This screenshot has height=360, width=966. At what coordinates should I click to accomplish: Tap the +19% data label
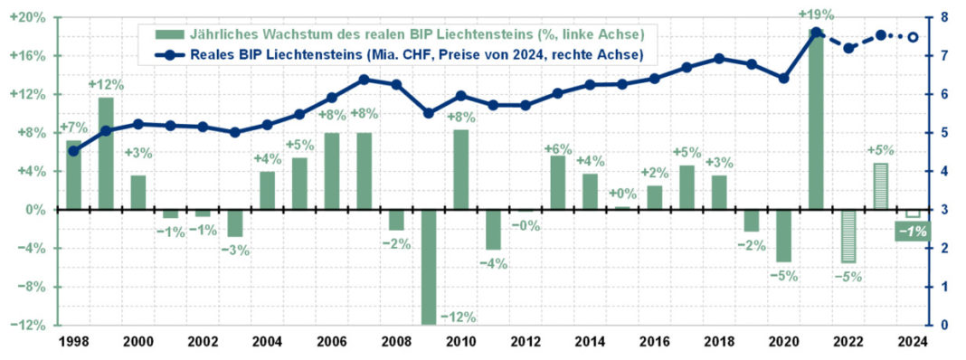pos(816,14)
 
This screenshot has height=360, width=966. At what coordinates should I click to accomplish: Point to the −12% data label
pos(458,317)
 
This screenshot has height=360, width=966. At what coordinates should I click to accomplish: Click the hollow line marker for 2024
pos(913,37)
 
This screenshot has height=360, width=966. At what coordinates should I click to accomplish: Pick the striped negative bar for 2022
pos(848,236)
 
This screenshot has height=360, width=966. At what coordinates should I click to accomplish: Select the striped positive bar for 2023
pos(881,186)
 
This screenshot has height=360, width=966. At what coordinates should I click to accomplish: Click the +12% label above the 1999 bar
pos(105,85)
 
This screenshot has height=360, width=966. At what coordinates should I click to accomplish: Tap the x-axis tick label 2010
pos(460,343)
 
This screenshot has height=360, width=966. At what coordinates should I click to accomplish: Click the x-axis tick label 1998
pos(73,343)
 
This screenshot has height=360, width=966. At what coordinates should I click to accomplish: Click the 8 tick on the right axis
pos(943,17)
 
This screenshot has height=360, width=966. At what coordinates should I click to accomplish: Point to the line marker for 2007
pos(364,80)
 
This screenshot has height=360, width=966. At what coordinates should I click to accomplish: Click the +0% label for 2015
pos(622,194)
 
